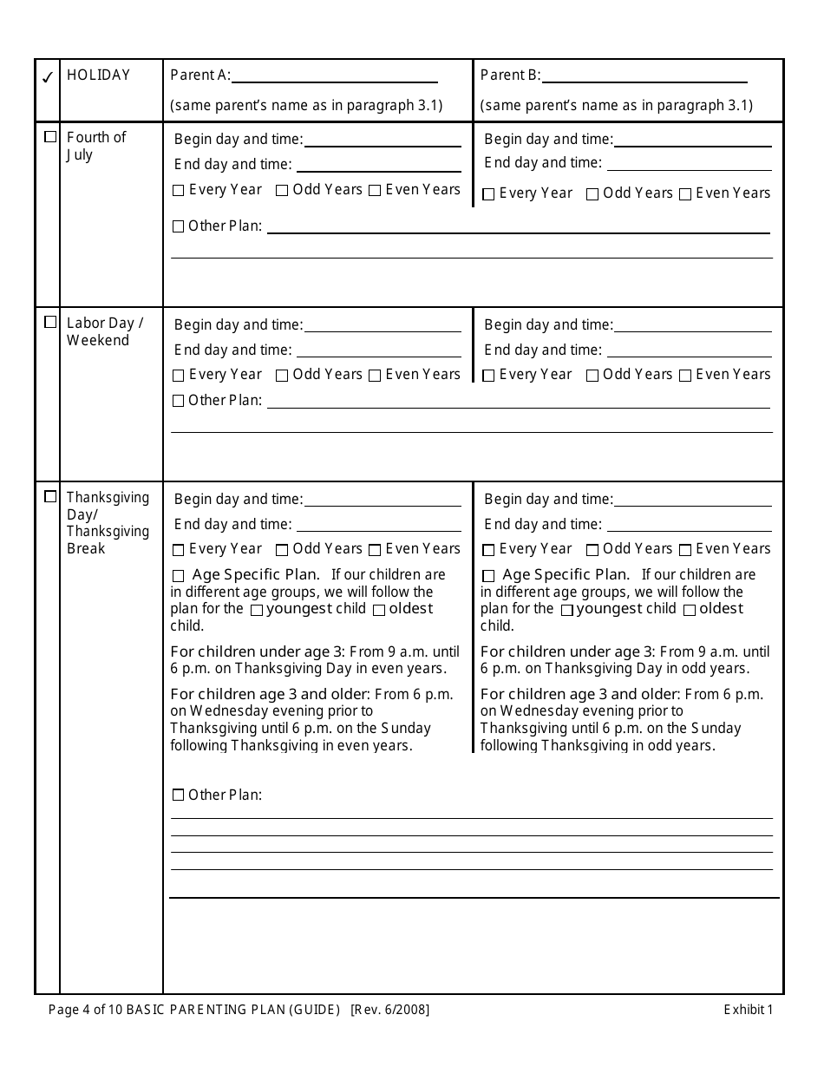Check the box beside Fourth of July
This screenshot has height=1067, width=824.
[x=50, y=137]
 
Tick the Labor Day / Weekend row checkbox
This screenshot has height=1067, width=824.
[x=50, y=322]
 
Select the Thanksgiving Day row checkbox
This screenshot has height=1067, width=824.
[x=50, y=497]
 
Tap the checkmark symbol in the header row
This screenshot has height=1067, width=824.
[x=48, y=77]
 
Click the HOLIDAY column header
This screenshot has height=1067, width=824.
[x=98, y=75]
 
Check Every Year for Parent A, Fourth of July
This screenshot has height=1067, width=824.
[x=179, y=191]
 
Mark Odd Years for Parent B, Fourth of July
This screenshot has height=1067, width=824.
[x=592, y=194]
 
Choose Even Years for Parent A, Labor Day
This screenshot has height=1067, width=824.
[x=375, y=376]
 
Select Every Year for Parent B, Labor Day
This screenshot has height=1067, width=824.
[x=488, y=376]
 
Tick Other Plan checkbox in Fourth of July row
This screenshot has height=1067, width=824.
[x=179, y=226]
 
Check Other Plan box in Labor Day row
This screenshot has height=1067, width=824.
[x=179, y=401]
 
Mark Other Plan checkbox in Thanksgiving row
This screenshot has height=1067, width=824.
[x=179, y=795]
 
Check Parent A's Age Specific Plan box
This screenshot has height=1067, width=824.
[x=179, y=576]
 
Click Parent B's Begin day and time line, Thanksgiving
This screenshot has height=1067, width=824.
[x=693, y=504]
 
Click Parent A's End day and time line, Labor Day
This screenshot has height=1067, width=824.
[x=378, y=356]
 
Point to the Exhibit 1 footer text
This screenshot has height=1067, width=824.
[x=748, y=1009]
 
